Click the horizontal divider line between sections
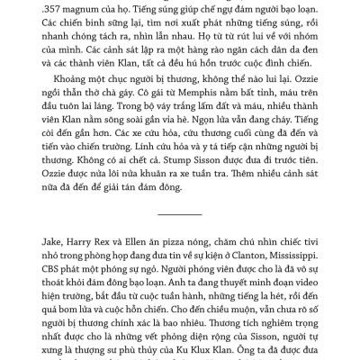180,214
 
